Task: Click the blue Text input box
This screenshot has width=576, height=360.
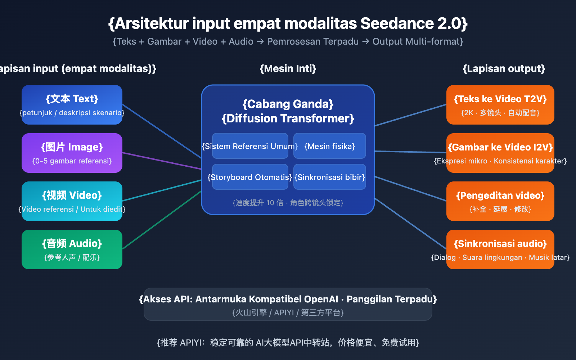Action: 72,105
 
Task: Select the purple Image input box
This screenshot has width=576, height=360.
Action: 72,153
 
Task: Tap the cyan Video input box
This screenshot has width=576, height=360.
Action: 72,201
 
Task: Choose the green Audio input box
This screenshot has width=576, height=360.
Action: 72,249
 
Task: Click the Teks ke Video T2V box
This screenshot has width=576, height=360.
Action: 500,105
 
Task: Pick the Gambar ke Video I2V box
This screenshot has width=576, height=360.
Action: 500,153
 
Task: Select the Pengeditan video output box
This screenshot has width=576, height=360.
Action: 500,201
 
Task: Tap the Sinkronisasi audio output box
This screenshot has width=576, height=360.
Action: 500,249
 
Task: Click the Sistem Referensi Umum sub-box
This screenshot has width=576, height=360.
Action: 250,146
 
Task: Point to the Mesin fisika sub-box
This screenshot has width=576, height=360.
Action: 330,146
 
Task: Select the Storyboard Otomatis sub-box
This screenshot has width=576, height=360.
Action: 250,177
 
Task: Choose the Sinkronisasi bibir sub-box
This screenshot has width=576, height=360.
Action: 330,177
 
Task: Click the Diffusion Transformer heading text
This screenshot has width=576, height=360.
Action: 288,118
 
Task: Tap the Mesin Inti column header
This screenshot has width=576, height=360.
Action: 288,68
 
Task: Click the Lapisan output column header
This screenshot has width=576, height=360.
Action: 504,68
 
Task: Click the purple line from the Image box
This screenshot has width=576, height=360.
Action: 162,161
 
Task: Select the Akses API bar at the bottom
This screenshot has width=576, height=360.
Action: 288,304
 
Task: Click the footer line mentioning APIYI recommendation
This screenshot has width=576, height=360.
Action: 288,342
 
